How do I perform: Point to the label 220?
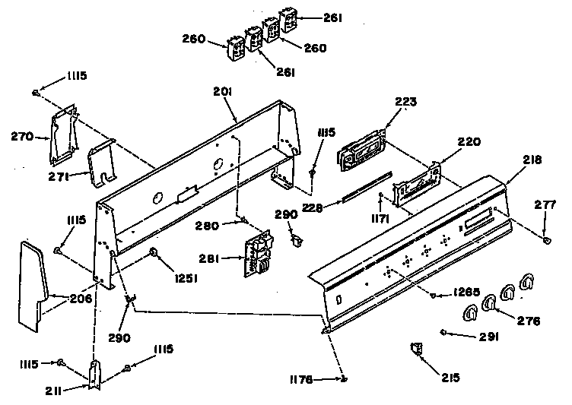click(x=469, y=141)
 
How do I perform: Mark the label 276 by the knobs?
click(x=527, y=321)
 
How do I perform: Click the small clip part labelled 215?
click(x=416, y=348)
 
